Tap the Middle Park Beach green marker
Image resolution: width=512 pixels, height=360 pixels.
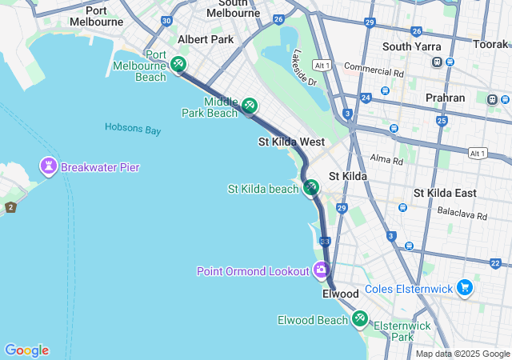[x=250, y=105]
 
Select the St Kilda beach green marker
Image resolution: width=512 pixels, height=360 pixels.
[x=311, y=187]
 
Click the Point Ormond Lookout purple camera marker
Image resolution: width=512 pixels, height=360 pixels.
[x=322, y=270]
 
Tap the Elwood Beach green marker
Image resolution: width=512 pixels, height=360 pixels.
[x=359, y=319]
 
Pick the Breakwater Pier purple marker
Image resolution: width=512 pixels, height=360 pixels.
[x=48, y=166]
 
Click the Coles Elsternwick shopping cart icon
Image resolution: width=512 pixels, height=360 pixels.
[x=465, y=287]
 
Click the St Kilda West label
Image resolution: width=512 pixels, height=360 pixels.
[x=290, y=142]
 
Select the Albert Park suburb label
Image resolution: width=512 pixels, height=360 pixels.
[x=206, y=39]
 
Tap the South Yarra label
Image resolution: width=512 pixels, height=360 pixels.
[x=408, y=46]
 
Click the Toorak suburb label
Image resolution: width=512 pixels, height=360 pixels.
[x=490, y=44]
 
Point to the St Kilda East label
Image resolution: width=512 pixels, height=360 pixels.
[x=444, y=193]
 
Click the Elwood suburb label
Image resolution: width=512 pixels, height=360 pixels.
[x=341, y=294]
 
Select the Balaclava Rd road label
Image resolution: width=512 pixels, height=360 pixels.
[x=462, y=214]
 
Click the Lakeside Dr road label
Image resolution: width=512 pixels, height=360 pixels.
[x=304, y=68]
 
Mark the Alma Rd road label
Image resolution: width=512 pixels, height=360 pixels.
[x=387, y=160]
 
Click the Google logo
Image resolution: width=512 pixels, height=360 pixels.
[x=26, y=350]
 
